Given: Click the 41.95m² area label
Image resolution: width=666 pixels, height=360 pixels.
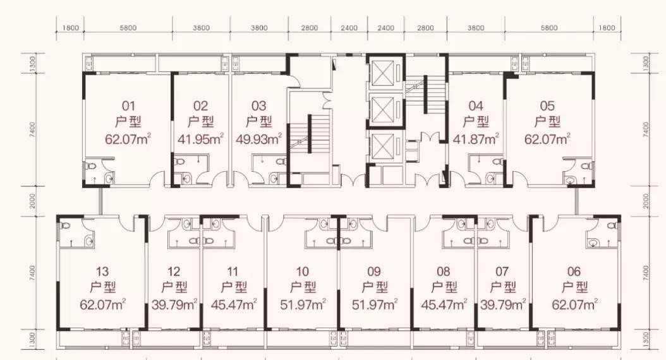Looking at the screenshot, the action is click(x=200, y=139).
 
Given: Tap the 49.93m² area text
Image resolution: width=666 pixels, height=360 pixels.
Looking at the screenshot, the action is click(x=258, y=139).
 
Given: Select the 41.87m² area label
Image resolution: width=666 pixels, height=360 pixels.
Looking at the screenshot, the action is click(x=476, y=139).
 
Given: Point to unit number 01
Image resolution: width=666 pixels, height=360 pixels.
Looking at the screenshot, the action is click(x=128, y=105).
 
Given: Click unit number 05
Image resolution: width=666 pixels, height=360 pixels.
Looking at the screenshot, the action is click(x=547, y=105).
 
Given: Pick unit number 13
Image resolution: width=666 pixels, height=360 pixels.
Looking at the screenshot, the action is click(x=102, y=272).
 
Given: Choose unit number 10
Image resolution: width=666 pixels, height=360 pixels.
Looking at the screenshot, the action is click(x=303, y=272).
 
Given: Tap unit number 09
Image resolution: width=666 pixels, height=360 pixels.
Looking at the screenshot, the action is click(x=374, y=272).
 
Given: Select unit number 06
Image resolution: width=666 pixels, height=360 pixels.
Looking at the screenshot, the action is click(x=574, y=272).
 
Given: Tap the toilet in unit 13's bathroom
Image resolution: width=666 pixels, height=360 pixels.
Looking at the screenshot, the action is click(x=64, y=225).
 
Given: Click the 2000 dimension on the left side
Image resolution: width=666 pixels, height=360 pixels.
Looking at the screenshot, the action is click(x=33, y=201).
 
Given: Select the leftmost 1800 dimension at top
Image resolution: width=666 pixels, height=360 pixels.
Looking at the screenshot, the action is click(x=71, y=28).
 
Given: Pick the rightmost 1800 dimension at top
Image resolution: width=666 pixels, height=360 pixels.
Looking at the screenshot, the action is click(x=607, y=28).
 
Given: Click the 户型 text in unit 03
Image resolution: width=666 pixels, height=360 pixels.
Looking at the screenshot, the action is click(x=258, y=123).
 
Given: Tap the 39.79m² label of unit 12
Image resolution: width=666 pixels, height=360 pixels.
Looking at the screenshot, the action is click(x=174, y=304).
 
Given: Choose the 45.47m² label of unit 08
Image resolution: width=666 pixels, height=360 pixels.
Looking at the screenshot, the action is click(x=444, y=304).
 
